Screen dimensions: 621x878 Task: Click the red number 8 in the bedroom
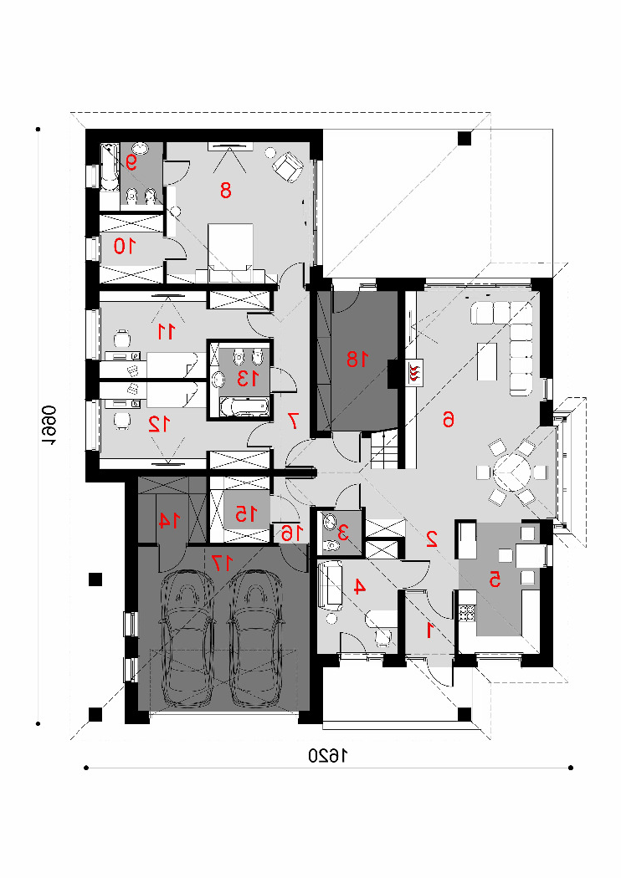tap(225, 191)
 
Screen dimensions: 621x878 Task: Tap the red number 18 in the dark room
tap(357, 359)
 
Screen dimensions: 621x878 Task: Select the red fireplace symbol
tap(414, 372)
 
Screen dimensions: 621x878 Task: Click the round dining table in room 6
tap(512, 472)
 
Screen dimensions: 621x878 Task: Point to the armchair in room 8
tap(288, 166)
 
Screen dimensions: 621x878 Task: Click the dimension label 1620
tap(328, 757)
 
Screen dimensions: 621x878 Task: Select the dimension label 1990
tap(49, 426)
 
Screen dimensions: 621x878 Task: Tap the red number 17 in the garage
tap(222, 562)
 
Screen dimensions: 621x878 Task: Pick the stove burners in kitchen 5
tap(467, 613)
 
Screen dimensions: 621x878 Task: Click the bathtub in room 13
tap(244, 407)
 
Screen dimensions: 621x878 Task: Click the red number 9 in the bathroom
tap(131, 162)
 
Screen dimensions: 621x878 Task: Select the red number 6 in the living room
tap(449, 419)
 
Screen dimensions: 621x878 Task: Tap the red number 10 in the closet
tap(125, 246)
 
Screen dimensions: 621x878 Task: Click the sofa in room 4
tap(331, 586)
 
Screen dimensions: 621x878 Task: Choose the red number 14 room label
tap(168, 520)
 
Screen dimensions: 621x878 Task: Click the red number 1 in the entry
tap(430, 630)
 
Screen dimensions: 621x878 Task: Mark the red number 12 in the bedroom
tap(159, 425)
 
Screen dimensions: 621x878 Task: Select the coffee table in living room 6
tap(487, 362)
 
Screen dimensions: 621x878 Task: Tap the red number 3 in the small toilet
tap(343, 532)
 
